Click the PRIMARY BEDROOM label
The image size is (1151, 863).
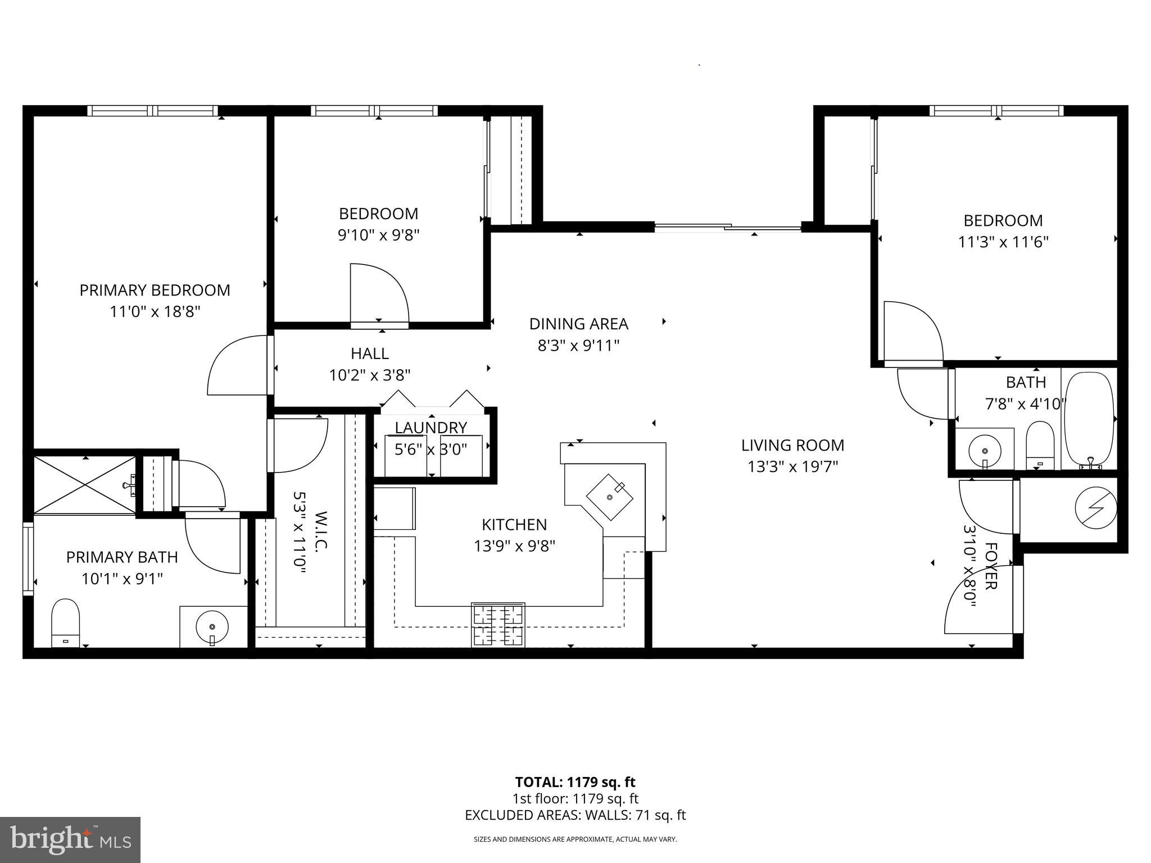155,290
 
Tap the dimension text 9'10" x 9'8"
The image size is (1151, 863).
378,235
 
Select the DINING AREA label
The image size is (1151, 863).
578,324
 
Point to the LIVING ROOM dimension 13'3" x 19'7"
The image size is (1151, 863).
792,467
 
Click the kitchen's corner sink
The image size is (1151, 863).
610,497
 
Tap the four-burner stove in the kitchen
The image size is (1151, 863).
499,625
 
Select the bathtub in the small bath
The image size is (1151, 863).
1089,419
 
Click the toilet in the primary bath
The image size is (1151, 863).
65,623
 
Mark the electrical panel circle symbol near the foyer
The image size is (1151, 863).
1095,508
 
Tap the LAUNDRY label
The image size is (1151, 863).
431,428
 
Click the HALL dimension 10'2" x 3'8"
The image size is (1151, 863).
370,375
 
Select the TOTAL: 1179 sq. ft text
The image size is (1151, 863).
575,782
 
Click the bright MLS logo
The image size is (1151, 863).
70,840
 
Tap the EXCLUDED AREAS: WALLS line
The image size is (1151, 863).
575,815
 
